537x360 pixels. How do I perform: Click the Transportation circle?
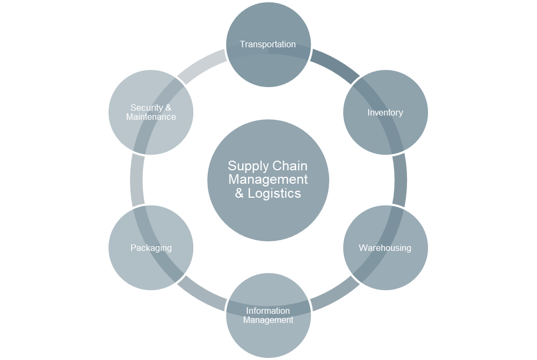point(268,45)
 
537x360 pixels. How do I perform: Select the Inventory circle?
point(385,112)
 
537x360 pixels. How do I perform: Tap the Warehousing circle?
point(385,248)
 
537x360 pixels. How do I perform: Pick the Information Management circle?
point(268,315)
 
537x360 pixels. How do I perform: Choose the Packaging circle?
point(151,248)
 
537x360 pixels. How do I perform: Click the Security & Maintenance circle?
point(151,112)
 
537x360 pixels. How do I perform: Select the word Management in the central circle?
point(268,179)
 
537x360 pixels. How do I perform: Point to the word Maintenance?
point(151,117)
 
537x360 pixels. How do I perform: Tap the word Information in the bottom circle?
point(268,311)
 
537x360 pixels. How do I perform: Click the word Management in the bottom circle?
point(268,320)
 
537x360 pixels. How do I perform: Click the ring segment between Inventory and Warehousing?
point(401,180)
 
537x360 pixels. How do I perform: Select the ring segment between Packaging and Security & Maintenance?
point(136,180)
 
